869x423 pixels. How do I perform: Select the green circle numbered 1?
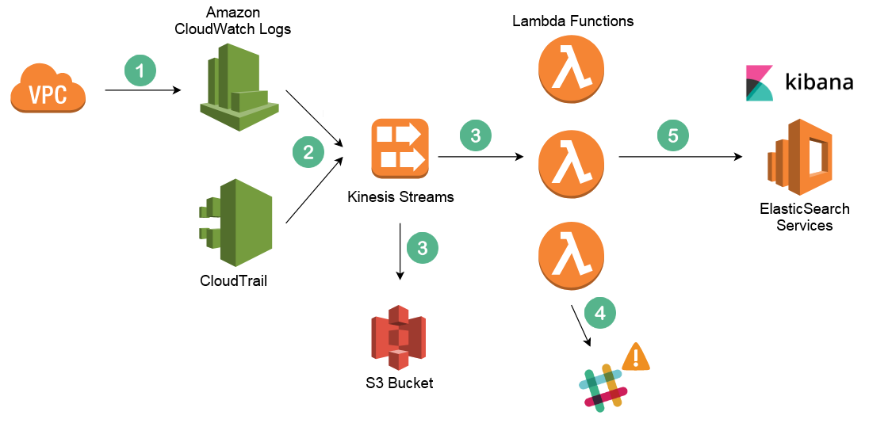(x=140, y=70)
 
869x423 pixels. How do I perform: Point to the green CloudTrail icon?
(x=236, y=223)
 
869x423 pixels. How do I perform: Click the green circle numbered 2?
(x=308, y=151)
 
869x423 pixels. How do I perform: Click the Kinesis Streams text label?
(x=400, y=196)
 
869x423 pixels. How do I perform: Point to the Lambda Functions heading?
(x=573, y=21)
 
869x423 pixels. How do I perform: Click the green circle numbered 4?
(x=600, y=313)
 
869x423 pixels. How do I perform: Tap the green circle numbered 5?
(x=673, y=135)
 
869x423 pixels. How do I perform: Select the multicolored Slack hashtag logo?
(x=603, y=388)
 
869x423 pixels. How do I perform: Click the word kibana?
(x=819, y=82)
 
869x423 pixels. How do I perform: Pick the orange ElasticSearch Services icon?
(x=800, y=158)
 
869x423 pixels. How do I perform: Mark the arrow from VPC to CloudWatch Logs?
(x=143, y=90)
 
